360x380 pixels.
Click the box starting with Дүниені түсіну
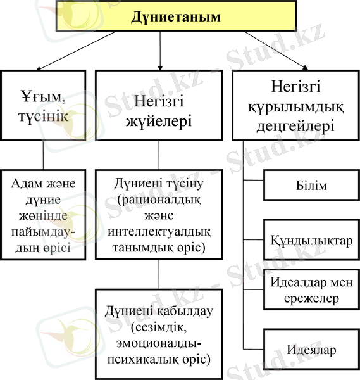(159, 215)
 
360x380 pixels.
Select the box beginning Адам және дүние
(43, 215)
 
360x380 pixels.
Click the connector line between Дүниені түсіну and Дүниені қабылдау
(159, 274)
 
